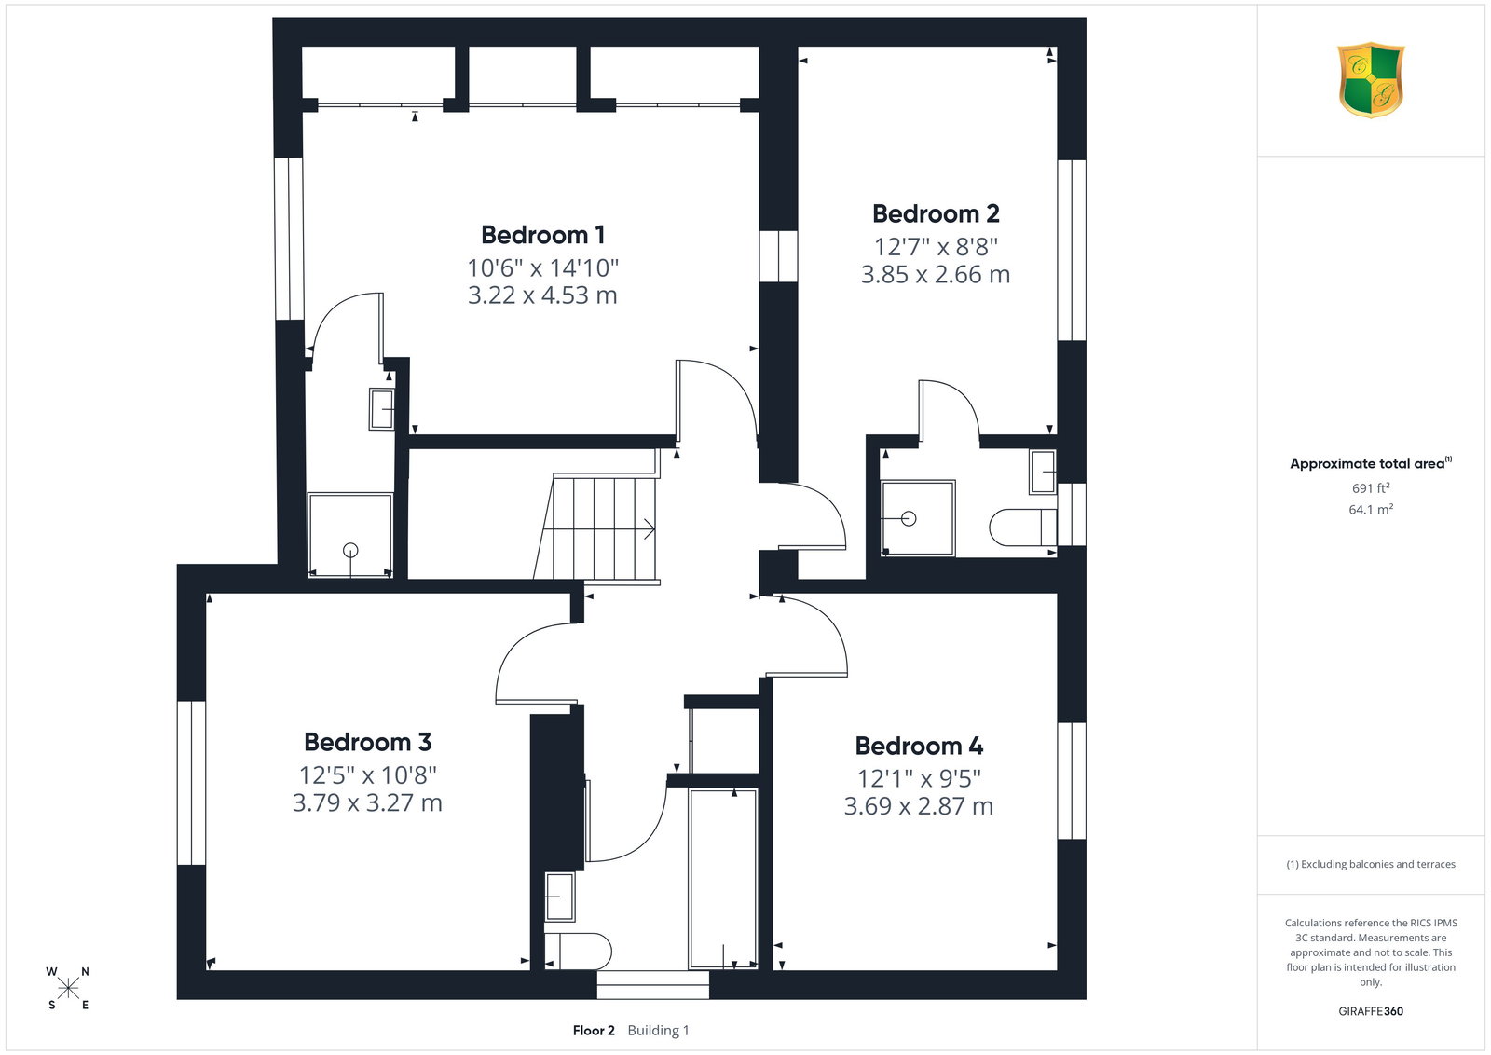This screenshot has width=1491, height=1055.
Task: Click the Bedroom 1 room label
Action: (542, 235)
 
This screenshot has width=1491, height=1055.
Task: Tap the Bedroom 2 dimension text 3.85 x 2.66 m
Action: (936, 274)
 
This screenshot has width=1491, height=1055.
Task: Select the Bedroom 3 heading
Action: (367, 742)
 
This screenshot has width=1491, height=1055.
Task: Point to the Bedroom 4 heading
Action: (919, 746)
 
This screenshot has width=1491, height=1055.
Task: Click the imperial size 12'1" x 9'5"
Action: (919, 778)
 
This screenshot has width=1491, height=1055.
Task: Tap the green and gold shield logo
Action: (1371, 80)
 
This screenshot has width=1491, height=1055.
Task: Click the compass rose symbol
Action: (68, 989)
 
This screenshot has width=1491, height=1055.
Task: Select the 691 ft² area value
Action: (1371, 488)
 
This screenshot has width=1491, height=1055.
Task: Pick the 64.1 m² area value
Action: (1371, 509)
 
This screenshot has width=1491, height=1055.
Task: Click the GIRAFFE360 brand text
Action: (1371, 1011)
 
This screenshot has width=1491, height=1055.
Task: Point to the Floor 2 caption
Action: (594, 1031)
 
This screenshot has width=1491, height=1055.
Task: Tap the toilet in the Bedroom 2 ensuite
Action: (1022, 527)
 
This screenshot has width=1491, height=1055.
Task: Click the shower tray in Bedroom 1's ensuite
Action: (350, 534)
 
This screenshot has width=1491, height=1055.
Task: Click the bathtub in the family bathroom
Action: (723, 879)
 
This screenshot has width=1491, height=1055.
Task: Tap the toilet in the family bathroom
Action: (577, 952)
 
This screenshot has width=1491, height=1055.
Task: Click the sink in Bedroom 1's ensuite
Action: (381, 409)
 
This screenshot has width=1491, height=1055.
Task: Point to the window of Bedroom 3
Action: (191, 783)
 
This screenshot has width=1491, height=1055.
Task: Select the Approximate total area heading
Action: (1371, 463)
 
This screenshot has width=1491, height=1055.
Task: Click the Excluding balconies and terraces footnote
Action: (1371, 864)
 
